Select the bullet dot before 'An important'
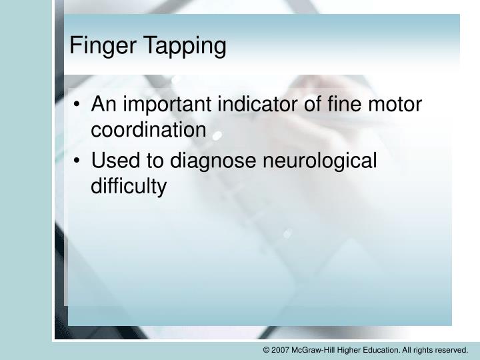coord(79,105)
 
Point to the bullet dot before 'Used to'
coord(79,162)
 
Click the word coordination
coord(149,130)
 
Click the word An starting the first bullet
coord(103,105)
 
